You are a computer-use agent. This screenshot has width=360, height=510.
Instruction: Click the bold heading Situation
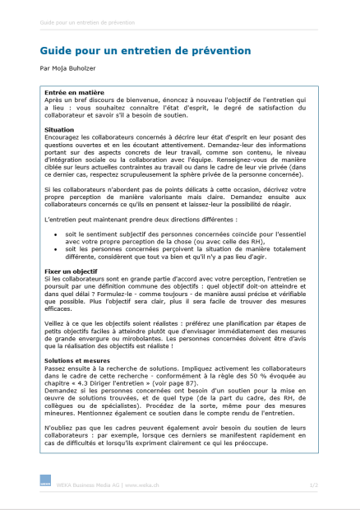(60, 129)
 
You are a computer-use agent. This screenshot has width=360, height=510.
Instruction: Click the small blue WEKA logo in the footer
(45, 485)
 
